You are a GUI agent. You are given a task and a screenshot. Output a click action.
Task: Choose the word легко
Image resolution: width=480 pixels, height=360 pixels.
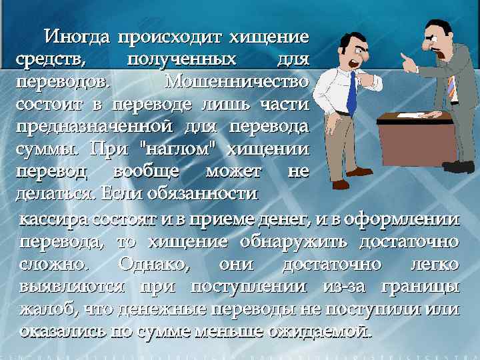coord(433,264)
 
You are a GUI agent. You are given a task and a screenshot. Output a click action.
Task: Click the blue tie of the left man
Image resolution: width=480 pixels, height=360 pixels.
coord(350,93)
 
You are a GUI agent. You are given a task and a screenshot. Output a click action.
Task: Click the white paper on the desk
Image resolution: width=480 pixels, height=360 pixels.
coord(413,115)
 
